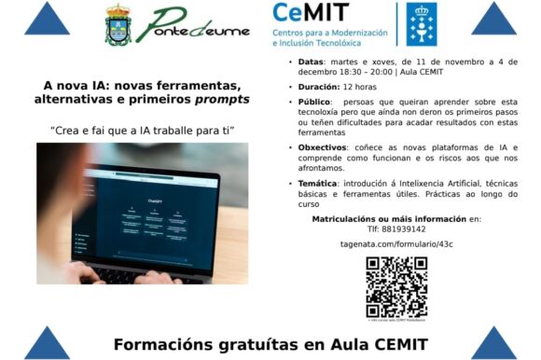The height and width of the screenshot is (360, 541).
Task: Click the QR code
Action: pyautogui.click(x=396, y=287)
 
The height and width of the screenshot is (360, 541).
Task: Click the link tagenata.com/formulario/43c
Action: pyautogui.click(x=396, y=244)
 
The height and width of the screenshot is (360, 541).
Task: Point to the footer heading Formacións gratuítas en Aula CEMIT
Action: pyautogui.click(x=270, y=344)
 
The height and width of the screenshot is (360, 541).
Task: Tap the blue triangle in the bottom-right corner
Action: pyautogui.click(x=494, y=343)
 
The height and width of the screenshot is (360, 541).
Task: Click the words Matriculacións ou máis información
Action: pyautogui.click(x=378, y=217)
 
